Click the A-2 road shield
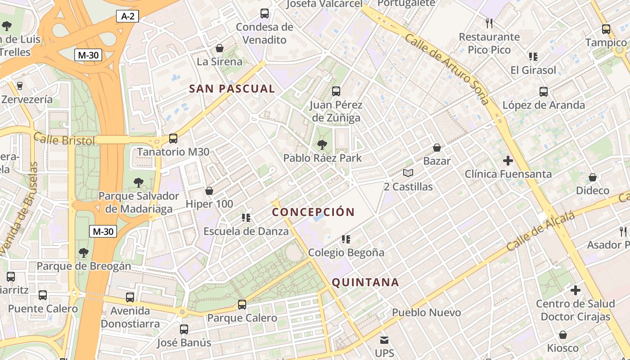pyautogui.click(x=127, y=17)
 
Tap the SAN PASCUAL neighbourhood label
pyautogui.click(x=232, y=89)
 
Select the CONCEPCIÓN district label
pyautogui.click(x=314, y=212)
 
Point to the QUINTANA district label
pyautogui.click(x=365, y=282)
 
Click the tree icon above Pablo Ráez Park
pyautogui.click(x=322, y=145)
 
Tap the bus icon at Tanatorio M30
pyautogui.click(x=173, y=139)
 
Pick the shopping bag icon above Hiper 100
pyautogui.click(x=209, y=191)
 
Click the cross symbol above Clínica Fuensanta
pyautogui.click(x=508, y=161)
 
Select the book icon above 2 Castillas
pyautogui.click(x=408, y=173)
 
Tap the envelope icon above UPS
pyautogui.click(x=384, y=340)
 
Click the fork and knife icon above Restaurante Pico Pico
pyautogui.click(x=489, y=23)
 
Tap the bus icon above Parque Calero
pyautogui.click(x=242, y=305)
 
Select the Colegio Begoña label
pyautogui.click(x=346, y=252)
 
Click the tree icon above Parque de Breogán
pyautogui.click(x=83, y=252)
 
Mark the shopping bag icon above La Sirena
pyautogui.click(x=220, y=48)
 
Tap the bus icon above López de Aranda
pyautogui.click(x=544, y=92)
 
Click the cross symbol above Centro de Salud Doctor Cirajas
pyautogui.click(x=575, y=290)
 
